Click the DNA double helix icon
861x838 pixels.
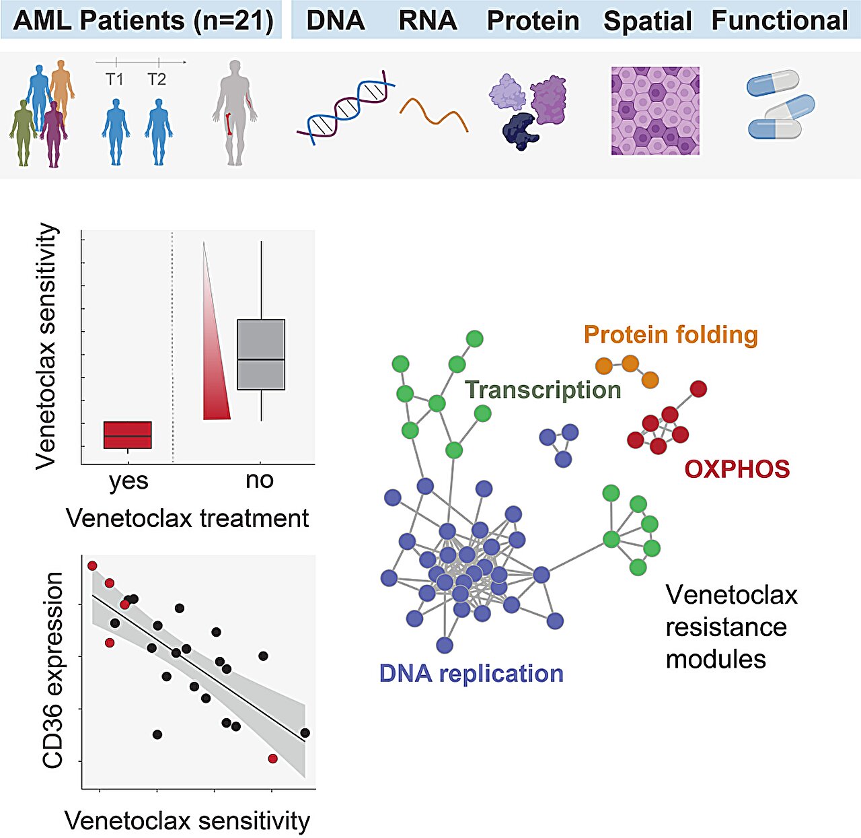tap(346, 108)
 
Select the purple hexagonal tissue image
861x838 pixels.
tap(655, 110)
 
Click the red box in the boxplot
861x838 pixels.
tap(127, 435)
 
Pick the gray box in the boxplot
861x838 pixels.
tap(261, 354)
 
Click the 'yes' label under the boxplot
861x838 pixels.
tap(128, 481)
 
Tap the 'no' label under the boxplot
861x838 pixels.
tap(260, 481)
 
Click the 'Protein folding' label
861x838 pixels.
tap(671, 335)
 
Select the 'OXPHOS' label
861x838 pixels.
tap(737, 469)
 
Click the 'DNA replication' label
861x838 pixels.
tap(472, 674)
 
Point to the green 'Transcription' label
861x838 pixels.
tap(543, 390)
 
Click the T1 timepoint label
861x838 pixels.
tap(114, 79)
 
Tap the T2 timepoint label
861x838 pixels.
tap(157, 79)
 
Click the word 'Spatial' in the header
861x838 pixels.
tap(648, 21)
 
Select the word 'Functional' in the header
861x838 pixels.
tap(780, 20)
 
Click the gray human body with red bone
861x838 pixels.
tap(235, 113)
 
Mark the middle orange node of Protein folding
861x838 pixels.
tap(630, 363)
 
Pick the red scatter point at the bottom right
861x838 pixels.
tap(273, 759)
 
